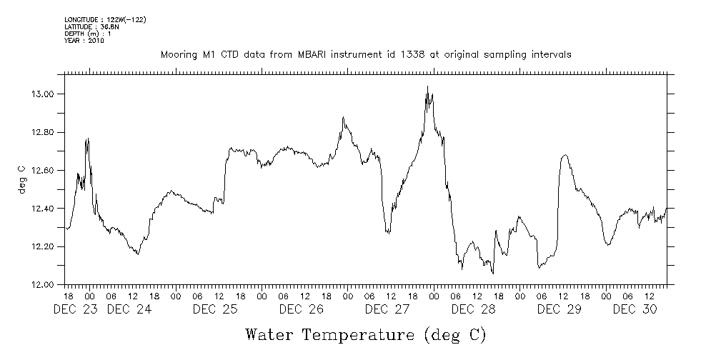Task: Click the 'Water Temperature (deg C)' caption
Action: click(366, 334)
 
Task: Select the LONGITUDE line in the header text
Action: click(105, 19)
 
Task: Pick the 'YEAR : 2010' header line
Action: click(84, 41)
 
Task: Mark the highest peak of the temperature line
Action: click(427, 86)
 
